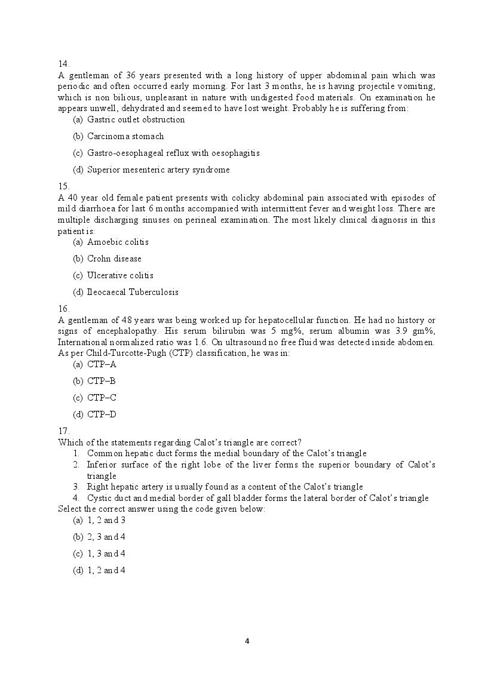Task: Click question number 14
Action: [x=63, y=63]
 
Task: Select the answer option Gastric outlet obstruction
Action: [x=136, y=119]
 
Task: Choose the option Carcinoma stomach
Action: [x=125, y=136]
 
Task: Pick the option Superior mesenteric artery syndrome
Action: [x=158, y=170]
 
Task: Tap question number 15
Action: [x=63, y=186]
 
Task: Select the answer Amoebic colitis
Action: [x=118, y=242]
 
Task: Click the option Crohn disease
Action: [x=114, y=259]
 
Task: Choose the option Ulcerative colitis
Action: [x=120, y=275]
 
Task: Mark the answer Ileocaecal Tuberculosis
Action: [x=133, y=292]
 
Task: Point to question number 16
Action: [x=63, y=309]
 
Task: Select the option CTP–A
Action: [x=102, y=364]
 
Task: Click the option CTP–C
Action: [x=102, y=398]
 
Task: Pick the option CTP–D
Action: [x=102, y=414]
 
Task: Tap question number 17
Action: [x=63, y=431]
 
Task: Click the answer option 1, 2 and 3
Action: [x=106, y=520]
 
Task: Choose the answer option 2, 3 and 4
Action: [x=106, y=537]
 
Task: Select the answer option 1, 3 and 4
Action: [x=106, y=554]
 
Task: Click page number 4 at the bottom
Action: [x=247, y=641]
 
